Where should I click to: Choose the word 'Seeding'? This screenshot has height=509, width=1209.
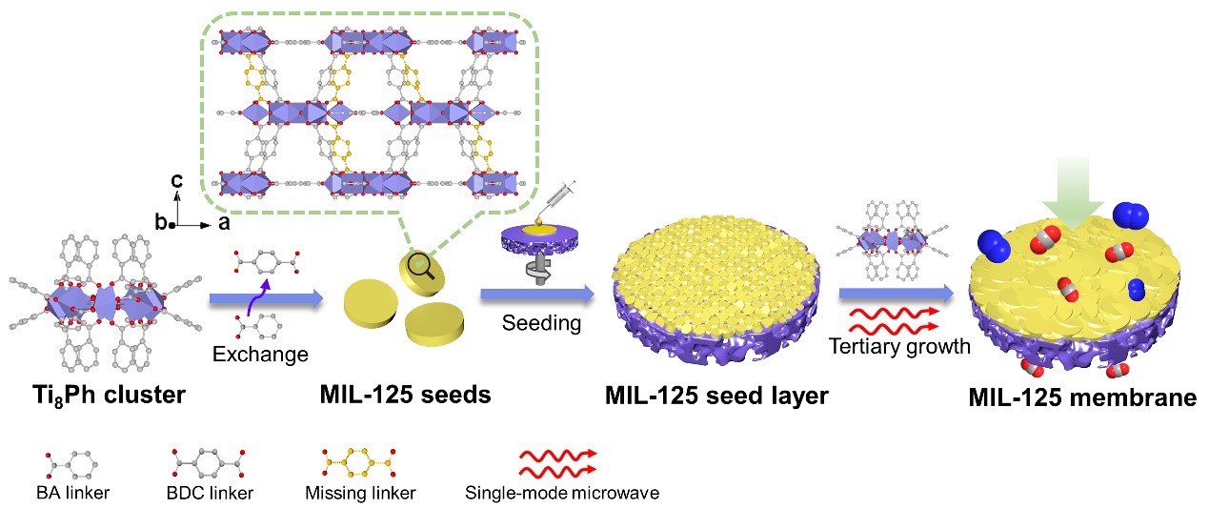pyautogui.click(x=541, y=323)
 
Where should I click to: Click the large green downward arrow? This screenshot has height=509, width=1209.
pyautogui.click(x=1072, y=194)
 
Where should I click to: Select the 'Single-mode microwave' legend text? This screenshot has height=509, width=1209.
pyautogui.click(x=562, y=493)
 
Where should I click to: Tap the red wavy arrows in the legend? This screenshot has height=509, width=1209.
pyautogui.click(x=557, y=462)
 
